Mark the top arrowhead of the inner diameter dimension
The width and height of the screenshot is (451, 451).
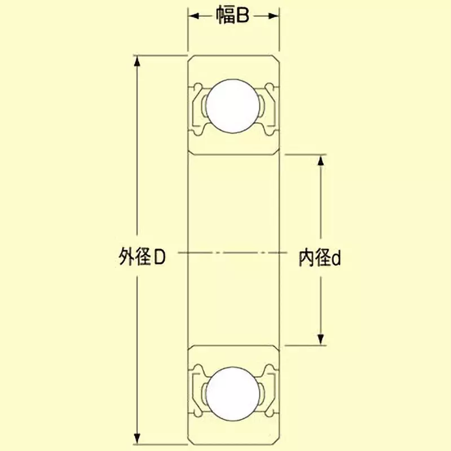pos(321,161)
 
